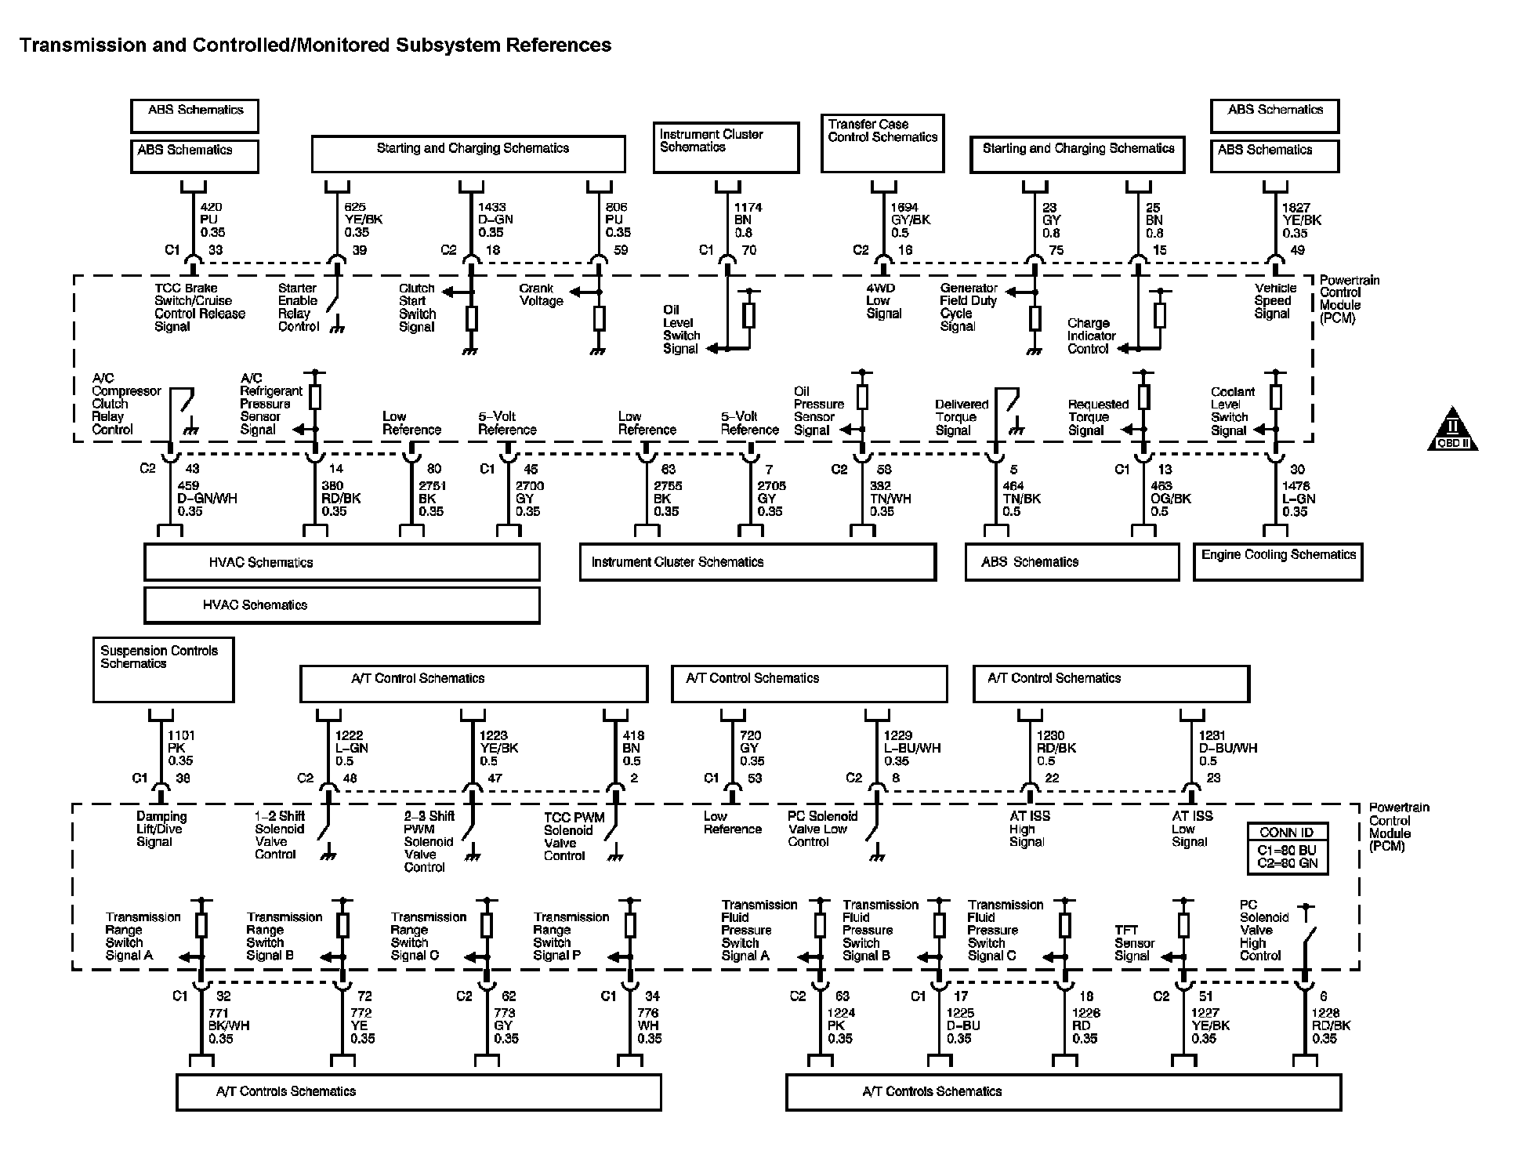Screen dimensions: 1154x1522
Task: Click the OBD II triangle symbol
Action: (x=1451, y=430)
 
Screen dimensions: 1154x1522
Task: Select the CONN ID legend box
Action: (x=1288, y=848)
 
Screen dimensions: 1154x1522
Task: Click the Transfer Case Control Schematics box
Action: (x=882, y=143)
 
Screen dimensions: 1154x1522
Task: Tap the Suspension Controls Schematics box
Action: (x=163, y=670)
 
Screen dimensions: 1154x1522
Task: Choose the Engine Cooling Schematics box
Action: (x=1277, y=561)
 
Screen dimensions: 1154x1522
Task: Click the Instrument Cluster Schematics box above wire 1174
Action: (x=726, y=147)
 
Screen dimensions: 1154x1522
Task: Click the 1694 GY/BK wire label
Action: (x=910, y=220)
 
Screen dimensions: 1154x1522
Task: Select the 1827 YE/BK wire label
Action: (x=1301, y=220)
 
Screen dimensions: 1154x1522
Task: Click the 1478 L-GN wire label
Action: (x=1299, y=499)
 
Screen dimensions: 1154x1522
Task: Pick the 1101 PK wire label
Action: (x=181, y=748)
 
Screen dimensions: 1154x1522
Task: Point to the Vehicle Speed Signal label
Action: (x=1275, y=301)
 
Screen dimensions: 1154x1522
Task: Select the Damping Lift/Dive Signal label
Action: (x=161, y=829)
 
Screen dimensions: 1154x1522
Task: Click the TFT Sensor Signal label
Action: (x=1134, y=943)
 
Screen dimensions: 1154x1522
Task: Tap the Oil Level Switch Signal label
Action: (x=680, y=329)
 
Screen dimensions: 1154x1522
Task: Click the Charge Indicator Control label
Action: (x=1091, y=336)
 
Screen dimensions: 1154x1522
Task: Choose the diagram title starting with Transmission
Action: (x=315, y=45)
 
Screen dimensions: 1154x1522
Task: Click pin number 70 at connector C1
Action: (x=748, y=251)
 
